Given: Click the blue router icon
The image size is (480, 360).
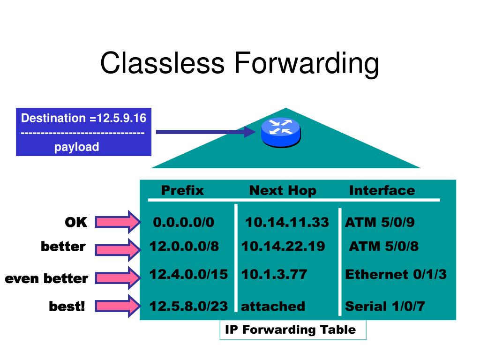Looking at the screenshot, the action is pos(280,132).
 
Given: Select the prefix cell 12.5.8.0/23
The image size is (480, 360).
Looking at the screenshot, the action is pos(188,306).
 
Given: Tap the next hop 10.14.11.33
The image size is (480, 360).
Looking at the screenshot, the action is pos(287,222).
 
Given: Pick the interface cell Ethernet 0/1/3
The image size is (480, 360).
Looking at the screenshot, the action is pos(396,274).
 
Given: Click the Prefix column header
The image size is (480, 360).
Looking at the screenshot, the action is pos(182,190).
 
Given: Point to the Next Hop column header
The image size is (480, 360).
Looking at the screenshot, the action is pos(283,190).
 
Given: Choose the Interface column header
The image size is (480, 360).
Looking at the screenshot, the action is pos(382,190).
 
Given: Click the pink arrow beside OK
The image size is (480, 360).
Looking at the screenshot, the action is pos(118,222).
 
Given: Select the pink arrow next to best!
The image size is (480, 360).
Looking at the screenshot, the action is pos(118,307).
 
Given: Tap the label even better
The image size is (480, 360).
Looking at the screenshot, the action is pos(46,279).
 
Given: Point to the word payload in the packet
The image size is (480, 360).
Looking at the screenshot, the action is pos(76,147).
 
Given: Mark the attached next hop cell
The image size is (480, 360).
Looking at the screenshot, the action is pos(273,307).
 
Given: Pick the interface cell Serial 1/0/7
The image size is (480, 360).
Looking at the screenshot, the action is pos(384,307).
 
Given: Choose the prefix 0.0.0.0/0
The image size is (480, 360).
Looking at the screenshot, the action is pos(183,222).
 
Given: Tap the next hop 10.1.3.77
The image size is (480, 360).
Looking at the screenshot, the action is pos(274,274).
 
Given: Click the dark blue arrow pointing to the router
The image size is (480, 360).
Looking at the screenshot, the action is pos(204,132).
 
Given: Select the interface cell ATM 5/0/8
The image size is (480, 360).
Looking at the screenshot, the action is pos(384,247).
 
